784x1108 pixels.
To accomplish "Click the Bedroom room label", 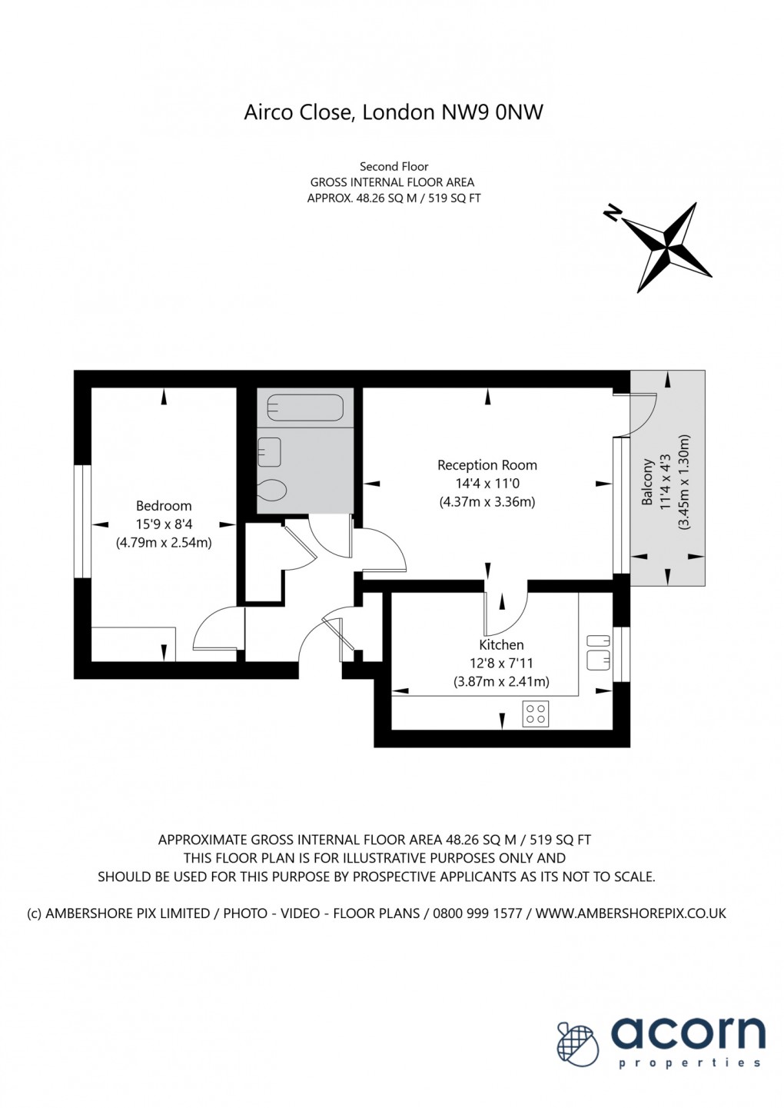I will pyautogui.click(x=164, y=506).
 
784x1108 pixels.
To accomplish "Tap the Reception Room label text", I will pyautogui.click(x=487, y=465).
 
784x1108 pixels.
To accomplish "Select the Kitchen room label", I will pyautogui.click(x=501, y=645).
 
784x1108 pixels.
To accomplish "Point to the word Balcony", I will pyautogui.click(x=647, y=483).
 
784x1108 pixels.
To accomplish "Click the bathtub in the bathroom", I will pyautogui.click(x=304, y=408).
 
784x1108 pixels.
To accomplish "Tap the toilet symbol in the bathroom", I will pyautogui.click(x=272, y=489).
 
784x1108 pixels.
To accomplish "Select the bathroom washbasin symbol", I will pyautogui.click(x=269, y=452).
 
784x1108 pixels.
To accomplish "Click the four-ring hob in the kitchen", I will pyautogui.click(x=536, y=714).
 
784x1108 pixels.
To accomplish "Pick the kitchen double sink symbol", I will pyautogui.click(x=598, y=651).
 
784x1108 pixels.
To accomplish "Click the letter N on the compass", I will pyautogui.click(x=613, y=214).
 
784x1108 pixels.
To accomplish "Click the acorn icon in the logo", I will pyautogui.click(x=578, y=1044).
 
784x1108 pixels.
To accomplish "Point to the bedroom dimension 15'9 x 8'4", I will pyautogui.click(x=164, y=524).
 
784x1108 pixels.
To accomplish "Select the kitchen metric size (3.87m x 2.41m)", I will pyautogui.click(x=501, y=681).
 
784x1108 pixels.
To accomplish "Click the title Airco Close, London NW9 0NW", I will pyautogui.click(x=394, y=112).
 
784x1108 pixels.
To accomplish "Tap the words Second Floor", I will pyautogui.click(x=394, y=166).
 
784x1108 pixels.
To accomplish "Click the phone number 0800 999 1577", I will pyautogui.click(x=477, y=913).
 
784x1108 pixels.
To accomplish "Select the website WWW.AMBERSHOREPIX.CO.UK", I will pyautogui.click(x=630, y=913).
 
